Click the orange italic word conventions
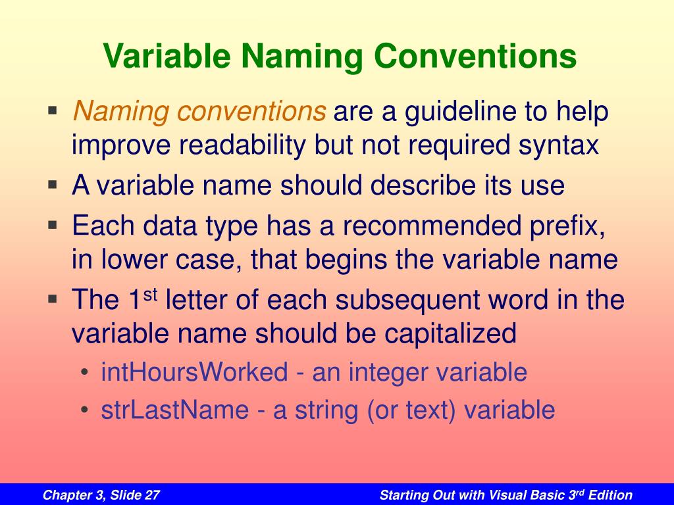click(251, 111)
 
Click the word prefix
click(567, 227)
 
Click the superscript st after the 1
click(149, 295)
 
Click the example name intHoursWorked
click(194, 372)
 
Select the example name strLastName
click(175, 410)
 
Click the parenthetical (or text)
click(411, 410)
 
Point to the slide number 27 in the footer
click(152, 495)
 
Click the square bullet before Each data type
click(53, 225)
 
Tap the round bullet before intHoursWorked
click(84, 372)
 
